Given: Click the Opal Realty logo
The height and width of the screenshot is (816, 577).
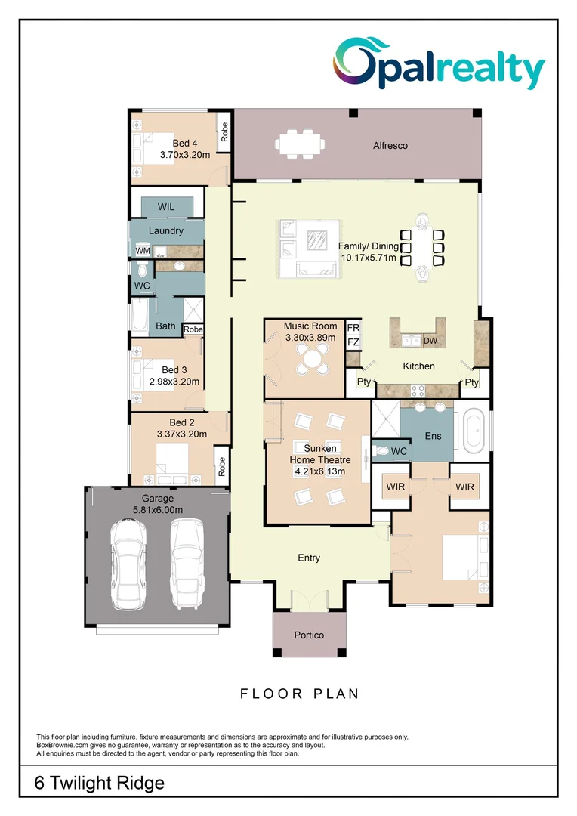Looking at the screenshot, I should click(440, 63).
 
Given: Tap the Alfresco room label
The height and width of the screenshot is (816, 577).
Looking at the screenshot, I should click(390, 145).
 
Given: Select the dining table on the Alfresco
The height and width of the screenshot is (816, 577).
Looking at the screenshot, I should click(300, 142).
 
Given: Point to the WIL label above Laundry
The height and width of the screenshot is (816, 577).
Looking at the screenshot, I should click(166, 207).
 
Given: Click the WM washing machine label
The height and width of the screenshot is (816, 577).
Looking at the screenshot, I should click(143, 251).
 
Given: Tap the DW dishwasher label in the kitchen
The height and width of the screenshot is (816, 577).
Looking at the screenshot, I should click(430, 342).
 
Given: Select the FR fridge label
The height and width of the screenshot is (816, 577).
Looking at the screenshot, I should click(353, 328).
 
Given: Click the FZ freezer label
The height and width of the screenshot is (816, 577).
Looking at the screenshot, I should click(353, 342).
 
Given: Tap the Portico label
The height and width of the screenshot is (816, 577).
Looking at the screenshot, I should click(309, 635).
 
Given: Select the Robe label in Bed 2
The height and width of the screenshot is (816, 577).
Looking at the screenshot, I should click(221, 466).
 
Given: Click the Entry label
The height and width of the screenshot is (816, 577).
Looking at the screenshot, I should click(309, 558).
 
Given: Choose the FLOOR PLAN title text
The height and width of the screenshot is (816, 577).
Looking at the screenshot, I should click(300, 693).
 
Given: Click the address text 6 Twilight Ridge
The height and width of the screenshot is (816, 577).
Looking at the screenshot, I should click(100, 784).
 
